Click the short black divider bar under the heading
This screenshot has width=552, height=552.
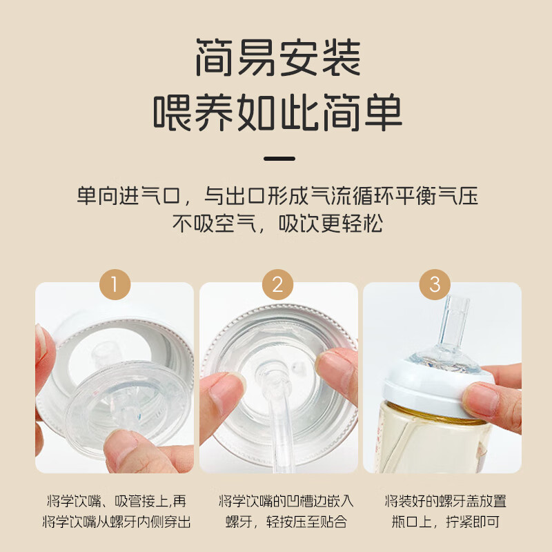click(x=280, y=158)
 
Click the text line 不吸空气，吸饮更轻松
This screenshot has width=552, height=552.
click(x=277, y=224)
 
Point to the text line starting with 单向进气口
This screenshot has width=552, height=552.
click(x=277, y=195)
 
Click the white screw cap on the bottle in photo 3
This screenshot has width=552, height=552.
click(x=442, y=390)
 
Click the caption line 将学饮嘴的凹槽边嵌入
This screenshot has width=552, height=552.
click(x=278, y=501)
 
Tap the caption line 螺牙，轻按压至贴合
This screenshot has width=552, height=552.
click(x=278, y=522)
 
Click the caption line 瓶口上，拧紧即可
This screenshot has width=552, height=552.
click(x=442, y=522)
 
